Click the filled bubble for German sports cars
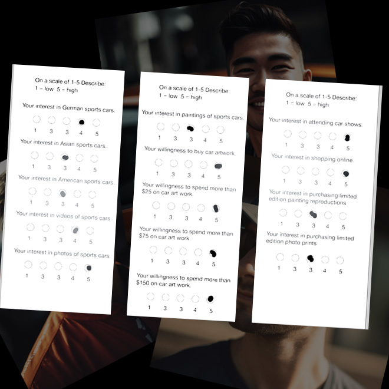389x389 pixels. click(x=81, y=122)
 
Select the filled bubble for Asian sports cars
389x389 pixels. click(x=65, y=157)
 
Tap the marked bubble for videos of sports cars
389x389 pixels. click(x=75, y=230)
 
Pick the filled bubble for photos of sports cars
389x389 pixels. click(x=88, y=268)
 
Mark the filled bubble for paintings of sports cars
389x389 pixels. click(x=190, y=128)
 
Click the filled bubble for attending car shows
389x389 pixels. click(x=347, y=137)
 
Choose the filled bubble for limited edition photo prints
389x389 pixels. click(x=310, y=259)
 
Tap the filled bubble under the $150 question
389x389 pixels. click(x=210, y=299)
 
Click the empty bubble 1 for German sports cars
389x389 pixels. click(x=37, y=119)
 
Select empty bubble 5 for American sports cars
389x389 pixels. click(x=92, y=194)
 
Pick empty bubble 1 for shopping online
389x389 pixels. click(x=285, y=170)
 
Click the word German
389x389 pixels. click(x=72, y=108)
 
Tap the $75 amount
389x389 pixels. click(x=143, y=236)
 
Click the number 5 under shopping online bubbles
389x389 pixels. click(x=346, y=184)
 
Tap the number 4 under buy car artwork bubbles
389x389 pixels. click(x=203, y=176)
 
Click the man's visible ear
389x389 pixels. click(x=307, y=75)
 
